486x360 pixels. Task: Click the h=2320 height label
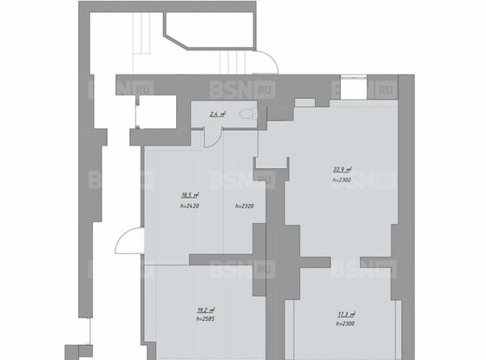click(246, 207)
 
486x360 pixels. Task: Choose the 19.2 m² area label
click(206, 308)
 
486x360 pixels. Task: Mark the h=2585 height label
click(206, 317)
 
